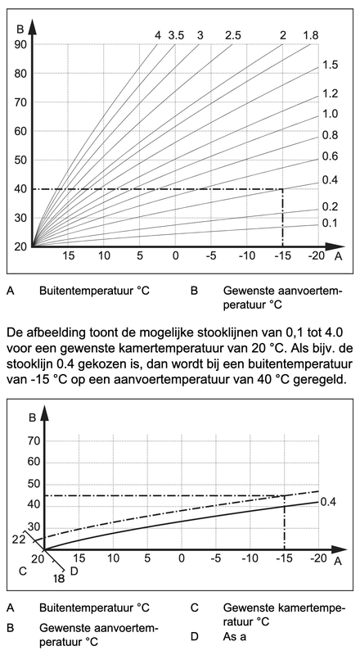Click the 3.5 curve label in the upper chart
[176, 35]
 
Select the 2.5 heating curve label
[233, 35]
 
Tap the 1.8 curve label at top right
[310, 35]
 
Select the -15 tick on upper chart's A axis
[281, 256]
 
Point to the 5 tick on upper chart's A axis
[140, 256]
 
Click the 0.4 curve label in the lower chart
[328, 501]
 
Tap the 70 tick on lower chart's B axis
[34, 440]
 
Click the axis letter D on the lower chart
[74, 570]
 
